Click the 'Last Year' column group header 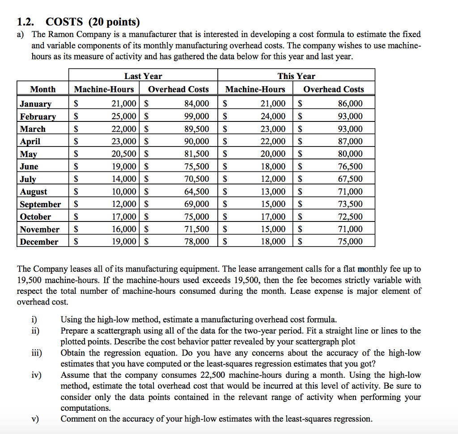point(143,76)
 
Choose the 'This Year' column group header point(296,76)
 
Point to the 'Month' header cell point(43,89)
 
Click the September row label point(40,204)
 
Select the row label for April point(30,142)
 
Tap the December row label point(39,242)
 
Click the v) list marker point(35,419)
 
